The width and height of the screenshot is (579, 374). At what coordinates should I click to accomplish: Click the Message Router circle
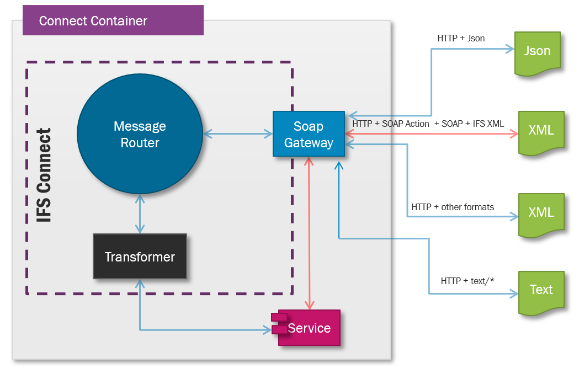pos(140,134)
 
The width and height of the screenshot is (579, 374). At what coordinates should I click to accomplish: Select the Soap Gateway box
pos(309,134)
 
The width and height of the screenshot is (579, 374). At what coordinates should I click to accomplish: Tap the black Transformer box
pos(140,257)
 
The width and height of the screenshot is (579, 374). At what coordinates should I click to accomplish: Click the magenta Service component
pos(309,328)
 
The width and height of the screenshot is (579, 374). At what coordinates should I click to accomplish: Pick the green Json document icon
pos(537,52)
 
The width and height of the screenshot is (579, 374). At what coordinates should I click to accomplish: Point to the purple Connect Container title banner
pos(113,21)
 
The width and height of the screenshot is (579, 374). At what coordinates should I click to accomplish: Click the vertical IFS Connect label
pos(44,175)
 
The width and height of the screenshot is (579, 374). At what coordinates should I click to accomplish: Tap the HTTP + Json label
pos(461,39)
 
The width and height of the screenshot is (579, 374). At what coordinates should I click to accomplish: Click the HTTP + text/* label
pos(467,281)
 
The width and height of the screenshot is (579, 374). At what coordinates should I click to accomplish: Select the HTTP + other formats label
pos(453,207)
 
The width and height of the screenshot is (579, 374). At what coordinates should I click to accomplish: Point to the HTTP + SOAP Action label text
pos(391,124)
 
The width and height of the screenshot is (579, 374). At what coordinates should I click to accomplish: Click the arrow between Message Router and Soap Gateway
pos(237,134)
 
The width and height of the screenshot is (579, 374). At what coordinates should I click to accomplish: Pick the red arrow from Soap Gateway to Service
pos(309,232)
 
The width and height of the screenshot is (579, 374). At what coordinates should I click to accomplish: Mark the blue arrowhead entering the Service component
pos(267,330)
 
